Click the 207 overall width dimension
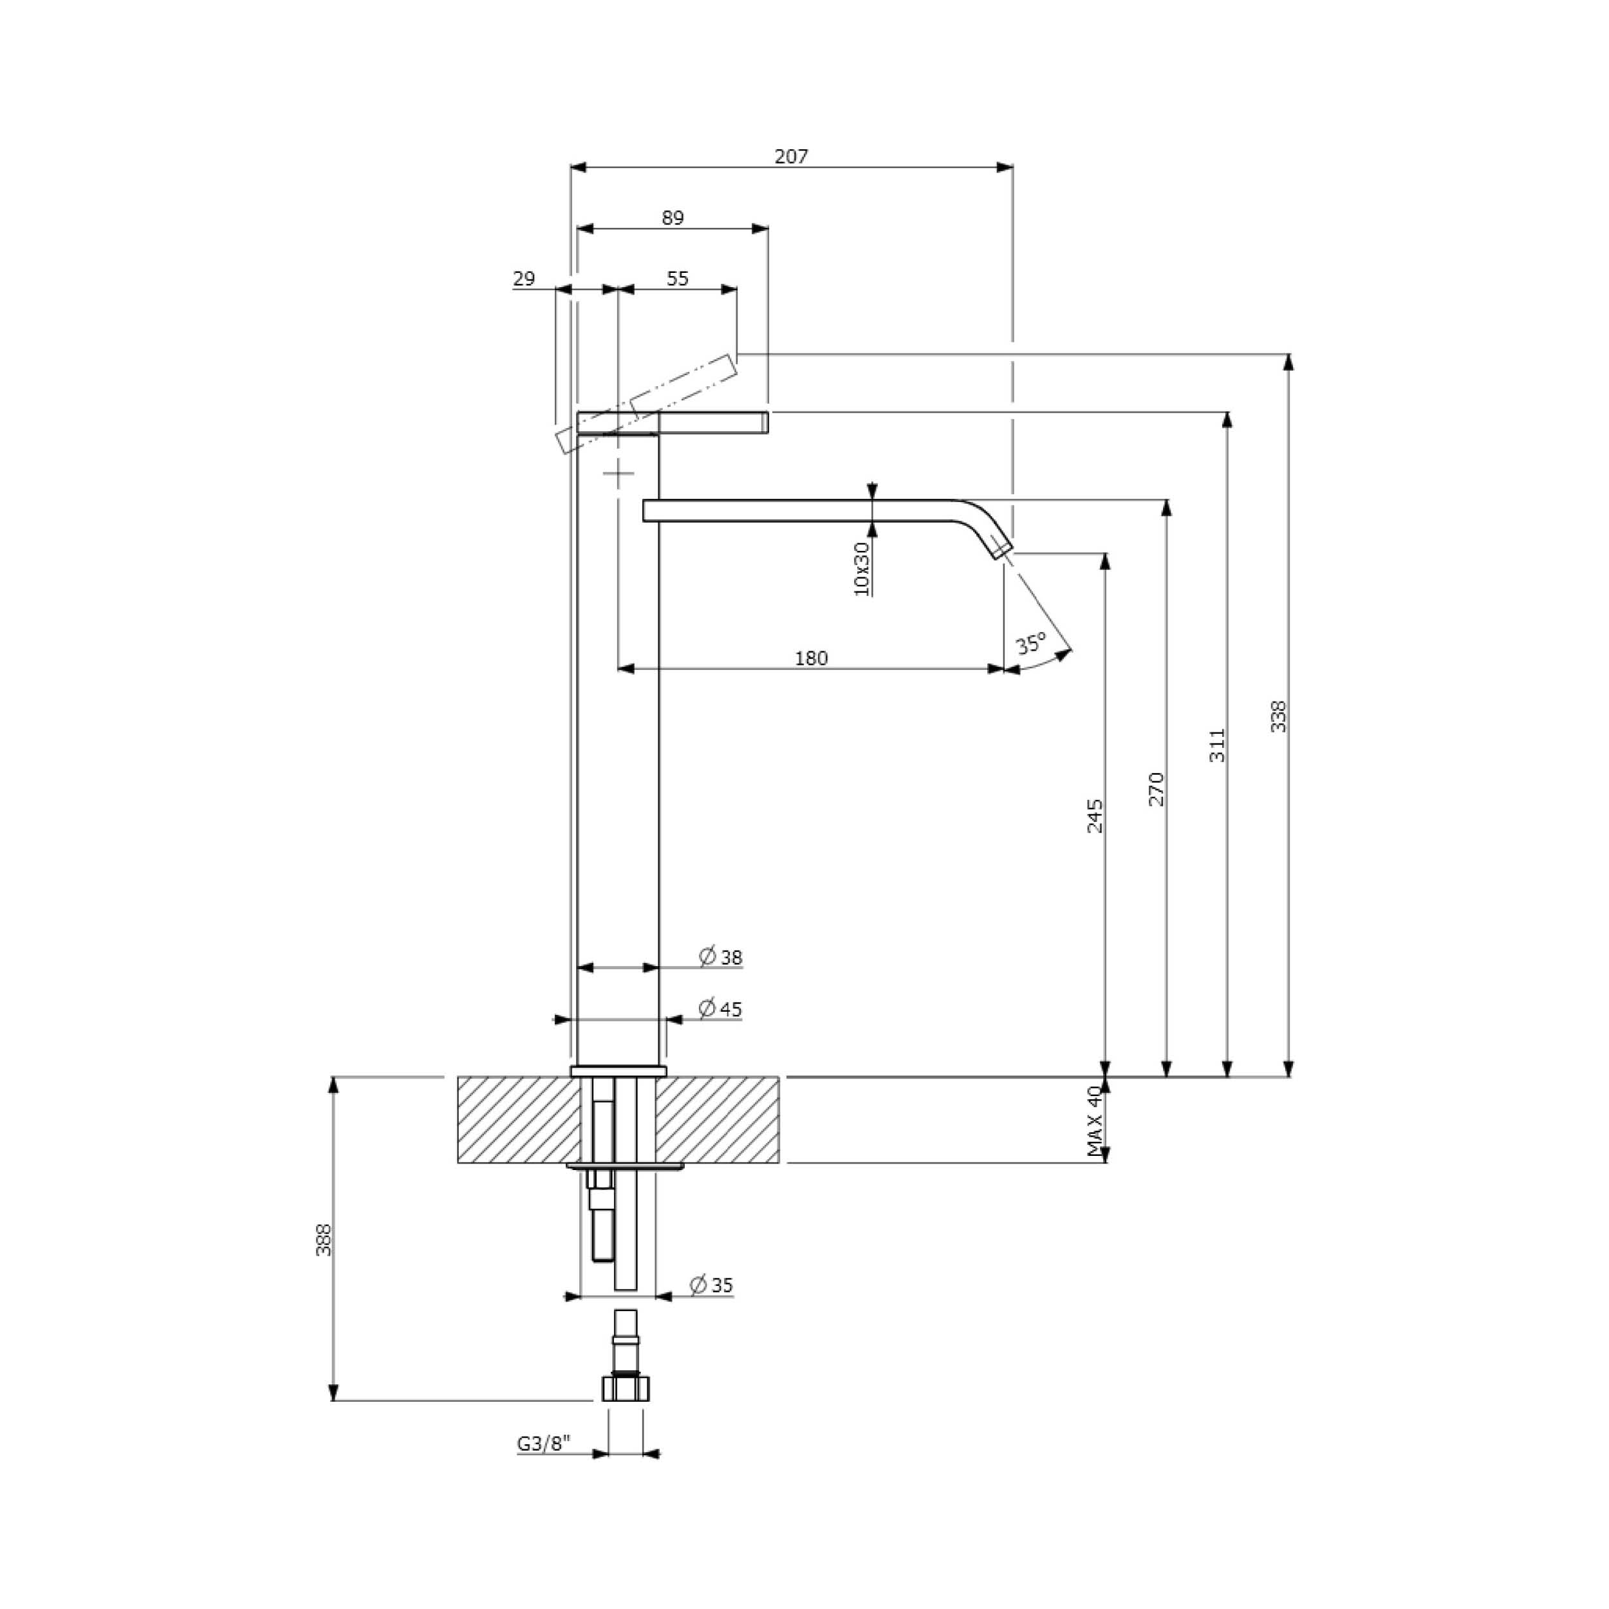(x=791, y=156)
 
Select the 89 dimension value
(x=673, y=218)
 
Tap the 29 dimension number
(x=524, y=278)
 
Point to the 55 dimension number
(x=678, y=278)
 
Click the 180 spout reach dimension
(x=811, y=658)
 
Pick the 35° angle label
(x=1031, y=643)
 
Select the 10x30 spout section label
(x=862, y=569)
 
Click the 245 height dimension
(x=1095, y=816)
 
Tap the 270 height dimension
(x=1156, y=788)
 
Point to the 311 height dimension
(x=1218, y=745)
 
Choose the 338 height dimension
(x=1278, y=716)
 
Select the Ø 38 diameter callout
(x=720, y=957)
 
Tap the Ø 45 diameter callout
(x=720, y=1009)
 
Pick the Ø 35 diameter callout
(x=712, y=1285)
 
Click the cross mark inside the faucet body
(x=618, y=475)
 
